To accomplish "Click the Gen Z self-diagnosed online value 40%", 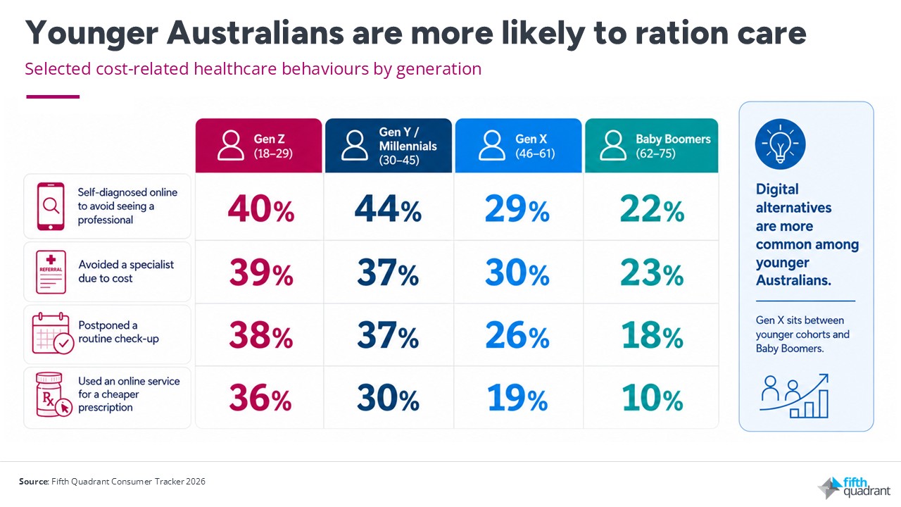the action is [261, 208].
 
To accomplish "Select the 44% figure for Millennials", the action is [388, 208].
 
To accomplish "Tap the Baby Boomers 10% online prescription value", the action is [652, 398].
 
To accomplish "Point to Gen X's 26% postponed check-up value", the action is [517, 334].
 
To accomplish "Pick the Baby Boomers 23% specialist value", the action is [652, 273].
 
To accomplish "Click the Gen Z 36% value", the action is [260, 398].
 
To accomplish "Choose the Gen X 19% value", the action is [517, 398].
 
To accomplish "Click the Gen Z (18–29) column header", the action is [258, 146].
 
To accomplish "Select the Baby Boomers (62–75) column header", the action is [652, 146].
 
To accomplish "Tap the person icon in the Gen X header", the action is [492, 145].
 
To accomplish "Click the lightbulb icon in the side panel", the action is [781, 144].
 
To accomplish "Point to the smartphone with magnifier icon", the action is [51, 206].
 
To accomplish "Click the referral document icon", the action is [51, 272].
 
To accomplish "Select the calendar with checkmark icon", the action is [53, 334].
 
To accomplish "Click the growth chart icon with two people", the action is [794, 396].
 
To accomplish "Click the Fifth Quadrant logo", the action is [855, 487].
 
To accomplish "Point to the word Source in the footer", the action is [34, 481].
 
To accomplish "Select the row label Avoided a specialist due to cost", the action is [126, 272].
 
